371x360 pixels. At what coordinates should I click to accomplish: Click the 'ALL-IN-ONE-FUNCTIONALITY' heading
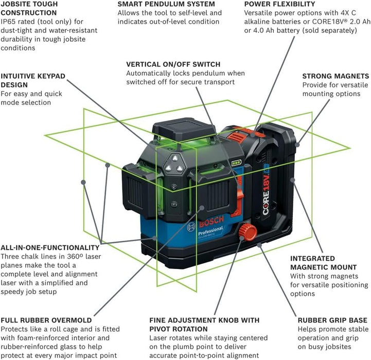(x=50, y=247)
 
